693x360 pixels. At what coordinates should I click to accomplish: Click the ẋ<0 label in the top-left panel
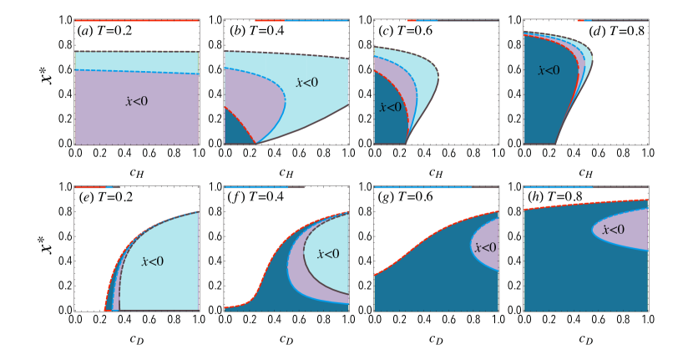(x=136, y=102)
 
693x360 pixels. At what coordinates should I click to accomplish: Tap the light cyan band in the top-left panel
(x=136, y=61)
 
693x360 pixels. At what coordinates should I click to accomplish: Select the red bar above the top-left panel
(x=136, y=20)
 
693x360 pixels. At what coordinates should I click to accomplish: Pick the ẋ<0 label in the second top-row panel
(x=306, y=83)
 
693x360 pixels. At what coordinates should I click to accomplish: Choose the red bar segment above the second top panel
(x=269, y=20)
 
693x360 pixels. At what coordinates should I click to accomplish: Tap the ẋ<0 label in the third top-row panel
(x=390, y=108)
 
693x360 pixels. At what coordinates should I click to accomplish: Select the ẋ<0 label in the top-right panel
(x=549, y=71)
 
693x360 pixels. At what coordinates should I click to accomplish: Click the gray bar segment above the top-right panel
(x=620, y=20)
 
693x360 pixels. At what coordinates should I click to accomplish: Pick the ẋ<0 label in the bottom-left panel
(x=152, y=261)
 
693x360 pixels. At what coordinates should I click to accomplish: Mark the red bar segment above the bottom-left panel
(x=89, y=187)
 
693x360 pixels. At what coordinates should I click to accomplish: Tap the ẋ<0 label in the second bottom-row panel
(x=328, y=254)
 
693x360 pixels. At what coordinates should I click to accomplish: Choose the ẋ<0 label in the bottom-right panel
(x=613, y=230)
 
